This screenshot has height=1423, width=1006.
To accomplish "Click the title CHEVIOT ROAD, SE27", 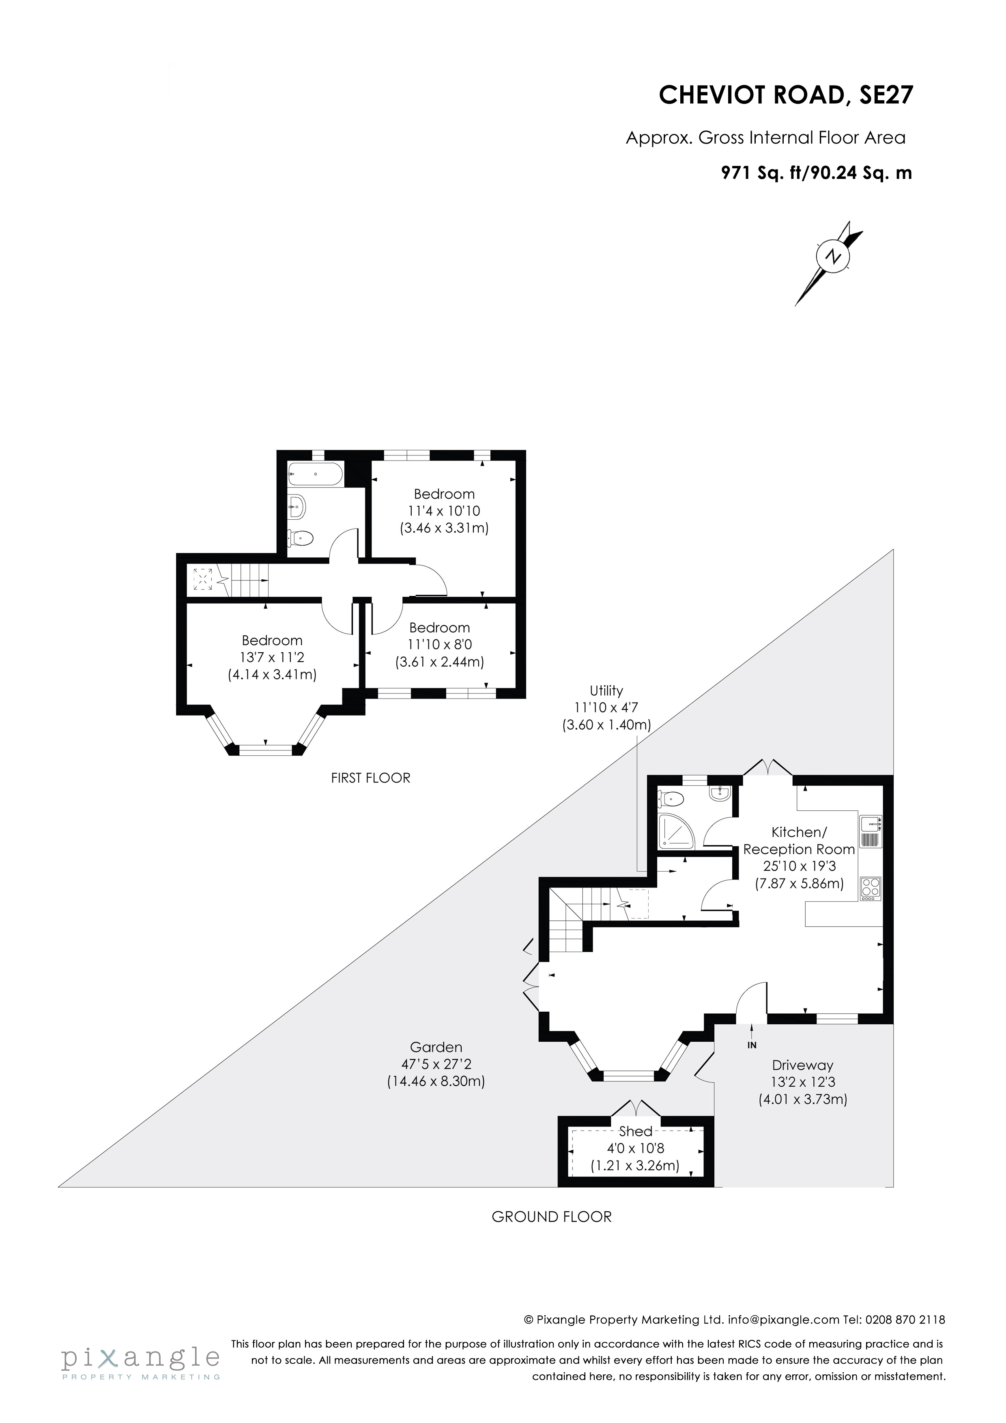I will click(785, 95).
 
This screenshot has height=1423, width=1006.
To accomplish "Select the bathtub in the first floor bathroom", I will click(315, 474).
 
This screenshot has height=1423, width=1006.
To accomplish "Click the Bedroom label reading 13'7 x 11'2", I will click(272, 658).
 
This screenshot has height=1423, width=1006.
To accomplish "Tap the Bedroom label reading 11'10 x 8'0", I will click(439, 645).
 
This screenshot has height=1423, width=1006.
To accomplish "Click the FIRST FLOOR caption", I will click(371, 778).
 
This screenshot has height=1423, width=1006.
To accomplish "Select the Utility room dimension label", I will click(606, 708).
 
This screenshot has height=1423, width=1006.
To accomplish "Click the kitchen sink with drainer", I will click(870, 832).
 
